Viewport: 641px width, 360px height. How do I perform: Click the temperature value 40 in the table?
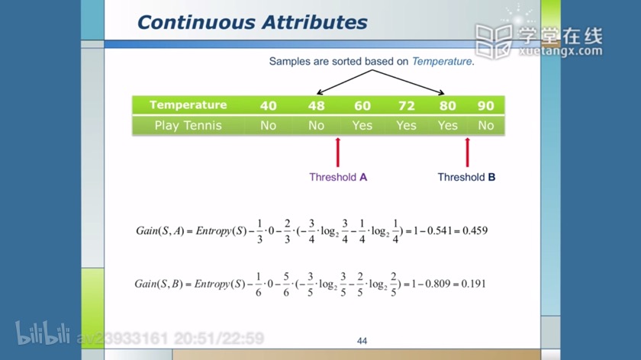tap(268, 106)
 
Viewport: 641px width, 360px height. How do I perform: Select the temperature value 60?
tap(362, 106)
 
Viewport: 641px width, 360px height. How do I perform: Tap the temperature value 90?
tap(485, 106)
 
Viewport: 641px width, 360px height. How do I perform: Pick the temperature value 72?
tap(406, 106)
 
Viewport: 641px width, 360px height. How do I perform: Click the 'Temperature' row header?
tap(188, 105)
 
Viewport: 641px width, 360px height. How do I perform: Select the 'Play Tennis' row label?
tap(188, 125)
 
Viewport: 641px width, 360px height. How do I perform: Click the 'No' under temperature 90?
tap(485, 125)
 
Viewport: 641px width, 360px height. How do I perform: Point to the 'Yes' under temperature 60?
tap(362, 125)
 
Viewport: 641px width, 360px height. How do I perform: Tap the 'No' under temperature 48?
tap(316, 125)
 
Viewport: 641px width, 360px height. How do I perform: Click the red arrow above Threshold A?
tap(337, 153)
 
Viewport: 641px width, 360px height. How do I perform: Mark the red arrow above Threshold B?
tap(467, 153)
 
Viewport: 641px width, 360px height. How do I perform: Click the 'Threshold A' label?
tap(338, 178)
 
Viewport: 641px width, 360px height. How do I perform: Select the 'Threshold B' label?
tap(466, 178)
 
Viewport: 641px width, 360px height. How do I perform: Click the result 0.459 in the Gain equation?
tap(475, 231)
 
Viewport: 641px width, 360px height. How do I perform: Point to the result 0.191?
tap(473, 284)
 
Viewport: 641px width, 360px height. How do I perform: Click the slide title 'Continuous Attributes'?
tap(253, 22)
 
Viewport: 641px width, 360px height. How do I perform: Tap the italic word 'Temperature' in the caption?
tap(442, 61)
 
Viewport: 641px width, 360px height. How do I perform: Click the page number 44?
tap(362, 341)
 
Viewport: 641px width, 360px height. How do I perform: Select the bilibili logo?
tap(43, 333)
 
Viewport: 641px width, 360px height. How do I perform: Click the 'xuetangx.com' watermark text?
tap(560, 51)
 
